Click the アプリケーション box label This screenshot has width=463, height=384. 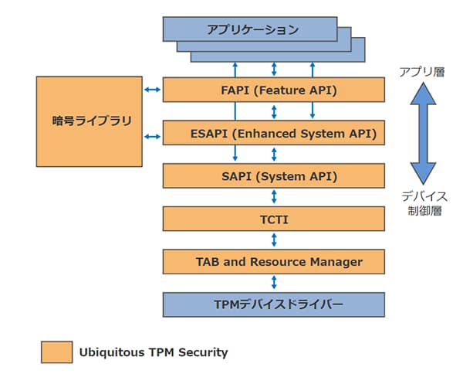click(252, 30)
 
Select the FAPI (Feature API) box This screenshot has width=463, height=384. click(273, 90)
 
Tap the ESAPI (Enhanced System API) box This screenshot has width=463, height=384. click(273, 133)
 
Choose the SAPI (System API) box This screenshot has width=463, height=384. click(273, 176)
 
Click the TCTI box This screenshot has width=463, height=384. click(273, 219)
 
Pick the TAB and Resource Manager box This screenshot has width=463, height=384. click(273, 261)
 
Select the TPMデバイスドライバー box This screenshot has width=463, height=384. click(273, 304)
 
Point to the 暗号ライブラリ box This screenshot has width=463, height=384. click(89, 121)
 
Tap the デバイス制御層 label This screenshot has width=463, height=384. click(424, 203)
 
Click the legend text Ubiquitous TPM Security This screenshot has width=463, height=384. click(154, 352)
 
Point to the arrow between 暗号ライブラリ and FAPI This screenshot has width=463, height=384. click(153, 90)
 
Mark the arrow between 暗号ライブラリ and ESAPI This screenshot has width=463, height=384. click(153, 138)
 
